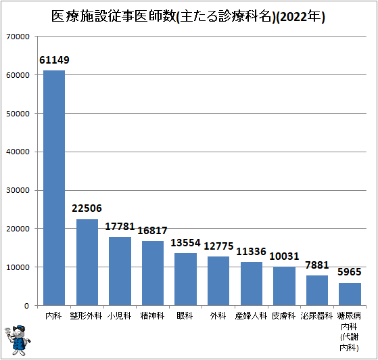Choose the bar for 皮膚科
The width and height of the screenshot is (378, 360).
pyautogui.click(x=284, y=286)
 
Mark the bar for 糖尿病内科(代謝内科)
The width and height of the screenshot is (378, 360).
pyautogui.click(x=350, y=294)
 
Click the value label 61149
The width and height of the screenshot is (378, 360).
pyautogui.click(x=54, y=60)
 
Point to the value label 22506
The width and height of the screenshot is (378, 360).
pyautogui.click(x=87, y=208)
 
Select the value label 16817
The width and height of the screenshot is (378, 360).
pyautogui.click(x=153, y=231)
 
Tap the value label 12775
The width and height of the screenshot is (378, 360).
pyautogui.click(x=218, y=246)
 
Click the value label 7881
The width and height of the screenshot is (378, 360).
pyautogui.click(x=317, y=265)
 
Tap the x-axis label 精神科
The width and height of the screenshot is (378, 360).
pyautogui.click(x=153, y=316)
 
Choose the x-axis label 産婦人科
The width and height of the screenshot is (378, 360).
pyautogui.click(x=251, y=316)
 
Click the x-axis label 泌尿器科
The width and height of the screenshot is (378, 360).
pyautogui.click(x=317, y=316)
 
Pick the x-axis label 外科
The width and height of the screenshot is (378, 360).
pyautogui.click(x=218, y=316)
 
